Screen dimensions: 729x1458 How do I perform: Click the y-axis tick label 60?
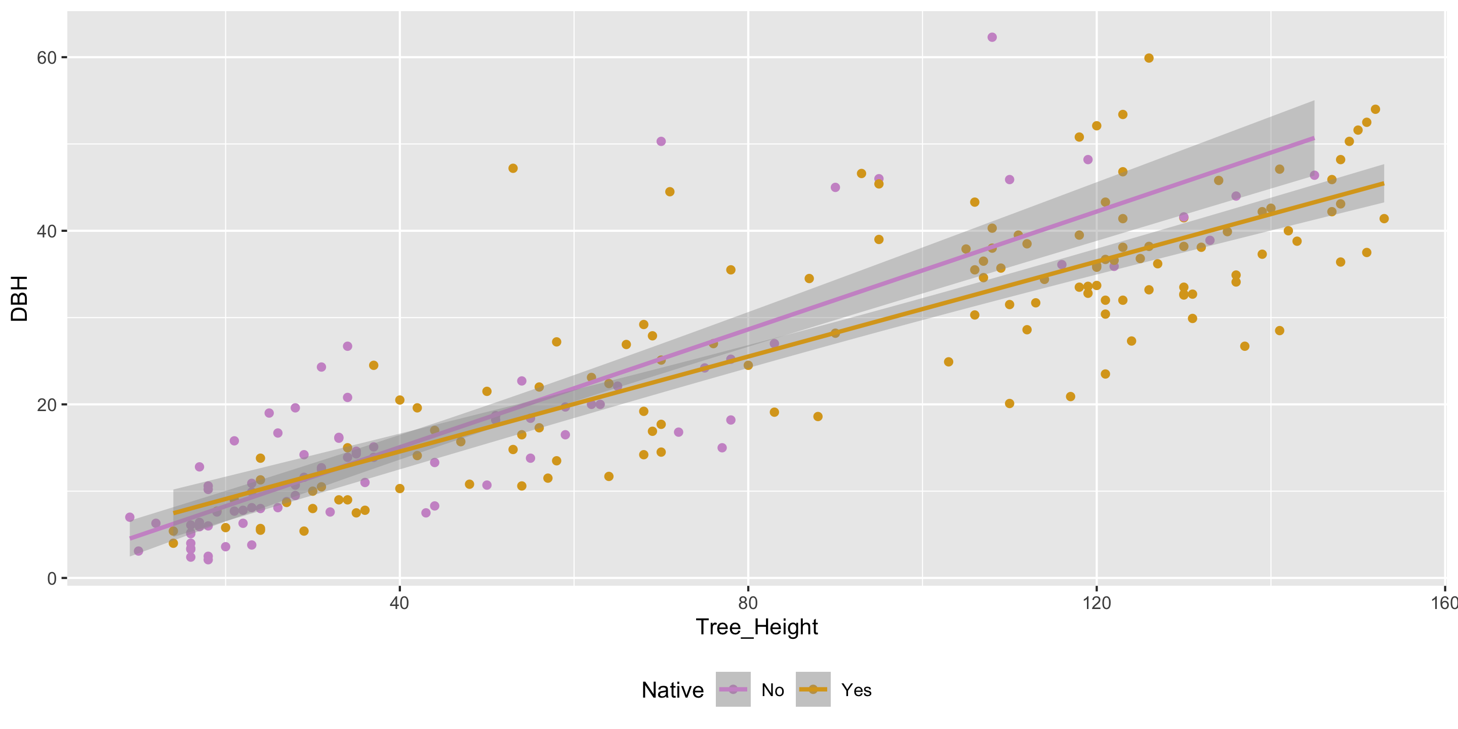(x=47, y=58)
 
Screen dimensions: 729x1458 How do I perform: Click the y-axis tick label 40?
(x=47, y=231)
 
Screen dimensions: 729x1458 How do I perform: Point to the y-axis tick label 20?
(x=47, y=405)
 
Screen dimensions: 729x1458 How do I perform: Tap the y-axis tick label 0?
(x=52, y=579)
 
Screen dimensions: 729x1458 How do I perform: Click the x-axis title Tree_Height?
(x=757, y=627)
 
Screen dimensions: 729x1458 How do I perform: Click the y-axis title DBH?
(x=19, y=299)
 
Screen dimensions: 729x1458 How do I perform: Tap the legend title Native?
(x=672, y=690)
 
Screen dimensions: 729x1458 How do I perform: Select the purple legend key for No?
(x=733, y=690)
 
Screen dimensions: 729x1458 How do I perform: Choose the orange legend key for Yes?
(x=813, y=690)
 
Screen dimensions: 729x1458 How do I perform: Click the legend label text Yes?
(x=856, y=690)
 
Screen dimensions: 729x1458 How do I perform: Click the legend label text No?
(x=773, y=690)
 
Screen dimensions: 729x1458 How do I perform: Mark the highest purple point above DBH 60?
(x=992, y=37)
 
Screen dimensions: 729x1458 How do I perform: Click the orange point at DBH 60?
(x=1148, y=58)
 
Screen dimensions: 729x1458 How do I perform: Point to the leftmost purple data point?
(x=130, y=517)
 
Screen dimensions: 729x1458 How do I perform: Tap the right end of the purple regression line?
(x=1314, y=138)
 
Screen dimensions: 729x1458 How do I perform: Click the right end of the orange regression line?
(x=1383, y=183)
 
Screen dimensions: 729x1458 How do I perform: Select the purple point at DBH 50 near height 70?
(x=661, y=142)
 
